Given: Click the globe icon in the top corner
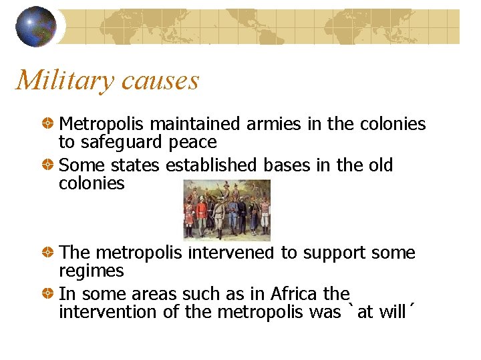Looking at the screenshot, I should point(36,26).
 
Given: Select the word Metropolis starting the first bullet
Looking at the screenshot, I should point(102,124).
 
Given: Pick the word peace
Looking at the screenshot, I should point(192,142).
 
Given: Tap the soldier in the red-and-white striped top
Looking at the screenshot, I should point(265,213).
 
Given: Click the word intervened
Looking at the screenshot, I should point(231,253).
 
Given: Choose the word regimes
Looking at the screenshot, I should point(91,271).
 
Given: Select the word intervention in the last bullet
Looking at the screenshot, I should point(102,311).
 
